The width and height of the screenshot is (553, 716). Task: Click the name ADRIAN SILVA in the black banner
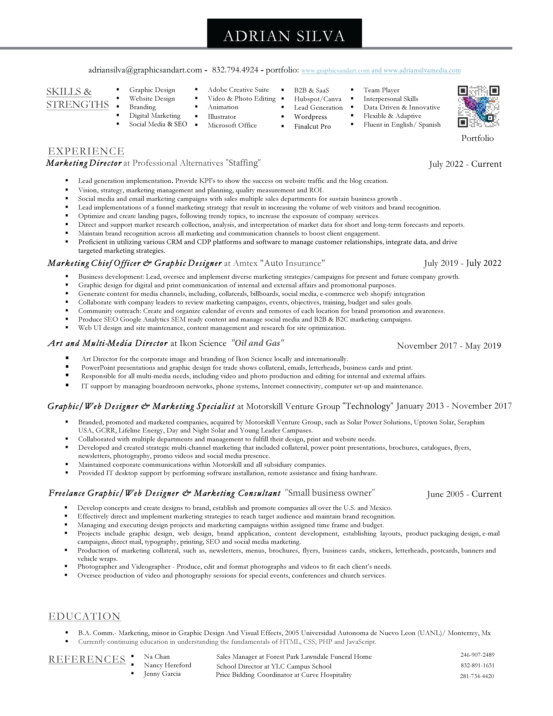(x=284, y=36)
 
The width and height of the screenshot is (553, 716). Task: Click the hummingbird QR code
(x=478, y=107)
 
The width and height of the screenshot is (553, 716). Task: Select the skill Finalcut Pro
(x=312, y=127)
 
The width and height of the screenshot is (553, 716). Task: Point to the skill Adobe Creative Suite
(x=238, y=90)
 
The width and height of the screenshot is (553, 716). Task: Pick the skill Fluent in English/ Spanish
(x=402, y=125)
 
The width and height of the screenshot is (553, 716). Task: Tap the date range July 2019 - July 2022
(x=462, y=263)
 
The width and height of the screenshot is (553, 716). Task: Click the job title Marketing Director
(x=84, y=163)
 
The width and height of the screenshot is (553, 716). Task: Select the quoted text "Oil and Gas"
(x=258, y=343)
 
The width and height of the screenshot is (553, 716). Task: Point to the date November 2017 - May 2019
(x=449, y=346)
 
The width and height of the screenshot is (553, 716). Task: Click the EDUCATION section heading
(x=85, y=616)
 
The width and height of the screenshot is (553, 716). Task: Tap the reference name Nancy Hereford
(x=167, y=665)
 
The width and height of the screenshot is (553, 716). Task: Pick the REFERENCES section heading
(x=87, y=659)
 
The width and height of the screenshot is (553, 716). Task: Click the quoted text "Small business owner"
(x=330, y=493)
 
